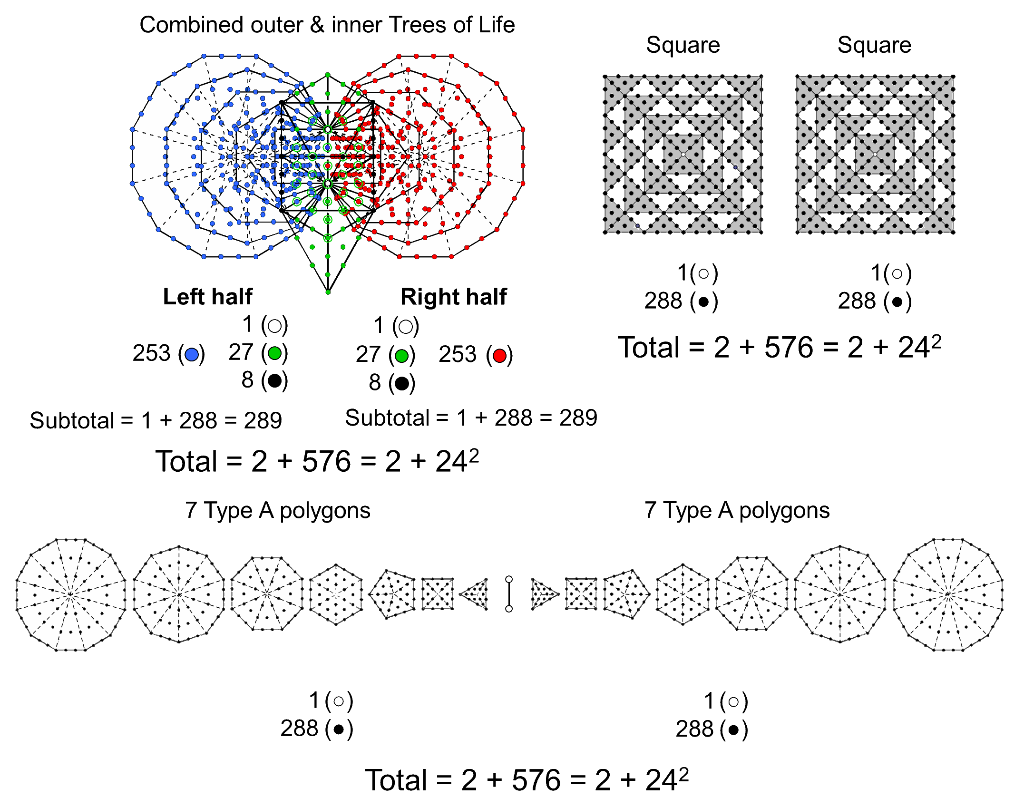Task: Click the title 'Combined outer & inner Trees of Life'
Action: pos(327,25)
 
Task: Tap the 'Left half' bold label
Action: pos(207,297)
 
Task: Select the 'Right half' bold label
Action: pos(453,297)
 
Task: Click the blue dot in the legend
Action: pos(192,354)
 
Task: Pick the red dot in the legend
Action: pos(499,355)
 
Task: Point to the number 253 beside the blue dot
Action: pos(151,353)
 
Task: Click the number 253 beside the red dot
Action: pos(457,354)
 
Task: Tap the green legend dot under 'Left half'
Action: pos(274,353)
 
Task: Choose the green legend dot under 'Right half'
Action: pos(402,355)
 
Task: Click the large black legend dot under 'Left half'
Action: pos(274,380)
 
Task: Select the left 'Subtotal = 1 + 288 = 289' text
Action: pos(156,420)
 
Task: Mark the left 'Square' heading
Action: pos(682,45)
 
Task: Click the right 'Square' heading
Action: pos(874,45)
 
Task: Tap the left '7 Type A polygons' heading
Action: pos(278,511)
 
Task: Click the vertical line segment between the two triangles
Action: pos(509,594)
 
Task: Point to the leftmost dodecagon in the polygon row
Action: pos(71,594)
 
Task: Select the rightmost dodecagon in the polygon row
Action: pos(948,594)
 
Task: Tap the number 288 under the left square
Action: pos(663,301)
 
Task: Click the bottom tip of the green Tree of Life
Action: pos(328,292)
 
